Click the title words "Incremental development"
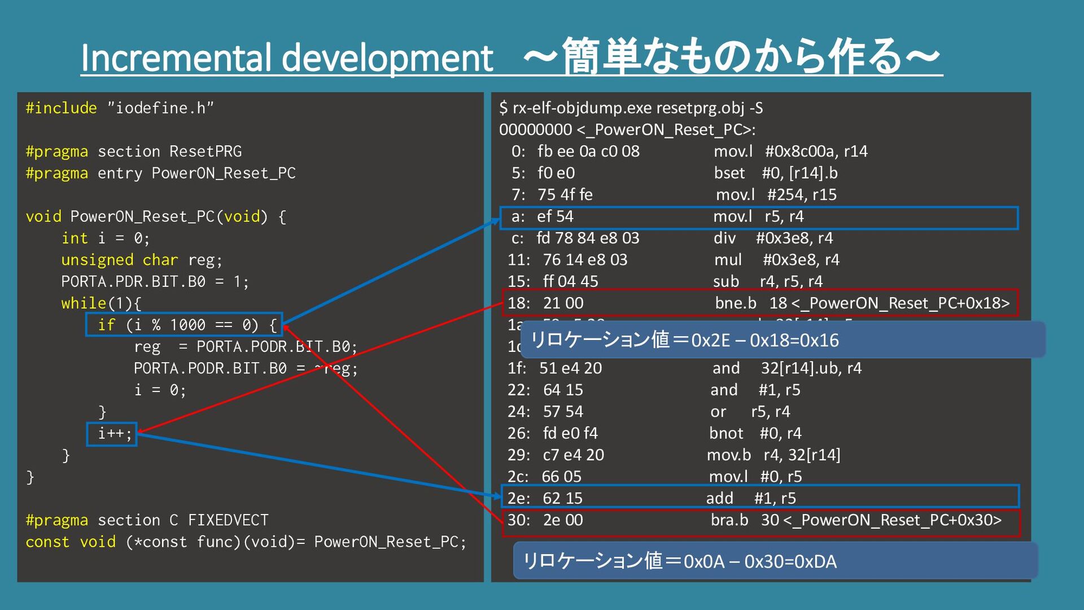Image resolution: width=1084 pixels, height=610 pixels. (x=287, y=58)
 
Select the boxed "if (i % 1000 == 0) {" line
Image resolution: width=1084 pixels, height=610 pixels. (x=185, y=325)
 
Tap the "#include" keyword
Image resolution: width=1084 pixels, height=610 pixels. (x=61, y=108)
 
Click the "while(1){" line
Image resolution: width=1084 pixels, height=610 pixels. (x=101, y=303)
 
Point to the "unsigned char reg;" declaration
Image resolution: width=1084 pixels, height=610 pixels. (x=142, y=260)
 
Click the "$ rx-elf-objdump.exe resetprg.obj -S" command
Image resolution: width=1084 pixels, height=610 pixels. (x=631, y=108)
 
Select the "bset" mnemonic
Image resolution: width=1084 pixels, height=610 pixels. (x=729, y=173)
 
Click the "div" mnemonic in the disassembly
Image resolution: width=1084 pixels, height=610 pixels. (x=724, y=238)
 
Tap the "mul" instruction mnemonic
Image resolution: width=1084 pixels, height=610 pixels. (x=728, y=260)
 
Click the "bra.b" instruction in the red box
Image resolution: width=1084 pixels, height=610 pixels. (x=729, y=520)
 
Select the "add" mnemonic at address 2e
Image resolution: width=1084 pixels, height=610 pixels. (x=719, y=498)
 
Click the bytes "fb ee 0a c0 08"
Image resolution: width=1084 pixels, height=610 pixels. (x=588, y=151)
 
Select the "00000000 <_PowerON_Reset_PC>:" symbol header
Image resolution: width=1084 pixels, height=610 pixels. (x=627, y=130)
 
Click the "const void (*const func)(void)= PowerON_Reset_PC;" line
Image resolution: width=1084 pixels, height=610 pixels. (x=246, y=542)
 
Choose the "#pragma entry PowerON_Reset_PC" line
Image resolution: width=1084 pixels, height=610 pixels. (x=160, y=173)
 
